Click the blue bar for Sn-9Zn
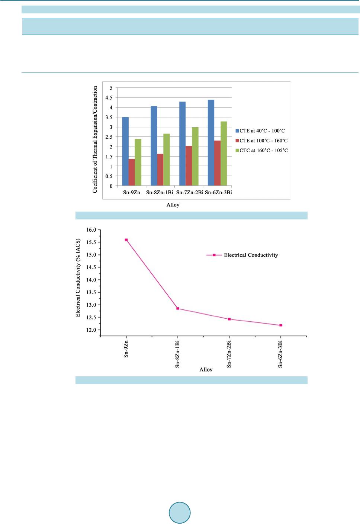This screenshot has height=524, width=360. coord(125,151)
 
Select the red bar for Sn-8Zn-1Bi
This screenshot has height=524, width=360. coord(160,170)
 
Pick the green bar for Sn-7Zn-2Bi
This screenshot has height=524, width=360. coord(195,156)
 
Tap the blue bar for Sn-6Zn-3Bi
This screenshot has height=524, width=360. coord(211,143)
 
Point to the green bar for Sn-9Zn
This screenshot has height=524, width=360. coord(138,162)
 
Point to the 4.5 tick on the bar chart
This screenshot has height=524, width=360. coord(109,98)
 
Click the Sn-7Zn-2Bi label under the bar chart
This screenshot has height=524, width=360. coord(190,193)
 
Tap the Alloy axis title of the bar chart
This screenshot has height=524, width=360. coord(173,205)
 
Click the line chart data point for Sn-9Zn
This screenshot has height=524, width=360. coord(126,240)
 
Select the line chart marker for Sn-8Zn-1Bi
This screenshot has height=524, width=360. coord(178,308)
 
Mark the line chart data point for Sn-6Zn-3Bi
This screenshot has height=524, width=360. coord(281,325)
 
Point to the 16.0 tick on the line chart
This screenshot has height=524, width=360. coord(91,230)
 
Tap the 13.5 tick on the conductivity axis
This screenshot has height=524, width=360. coord(91,292)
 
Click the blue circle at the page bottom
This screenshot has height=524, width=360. coord(180,513)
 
